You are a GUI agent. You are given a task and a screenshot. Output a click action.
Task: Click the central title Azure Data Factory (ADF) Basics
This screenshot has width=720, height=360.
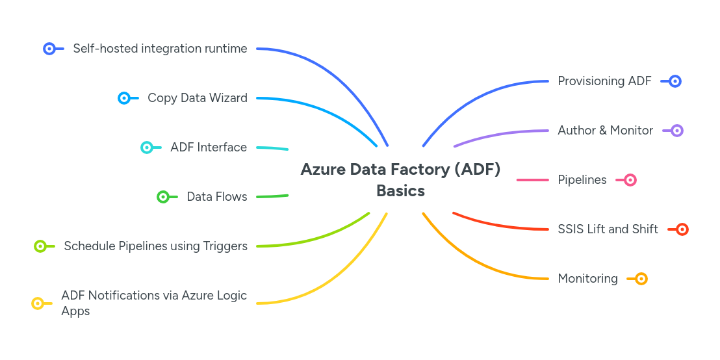tap(400, 180)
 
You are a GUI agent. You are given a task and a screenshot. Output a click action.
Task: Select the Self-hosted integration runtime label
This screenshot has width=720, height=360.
tap(160, 49)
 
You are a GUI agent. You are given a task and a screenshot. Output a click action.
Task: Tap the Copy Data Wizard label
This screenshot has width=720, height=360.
tap(197, 98)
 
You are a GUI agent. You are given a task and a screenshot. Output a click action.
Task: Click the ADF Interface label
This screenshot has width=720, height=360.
tap(209, 148)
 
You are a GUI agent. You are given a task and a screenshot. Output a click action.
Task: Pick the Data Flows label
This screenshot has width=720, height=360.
tap(216, 197)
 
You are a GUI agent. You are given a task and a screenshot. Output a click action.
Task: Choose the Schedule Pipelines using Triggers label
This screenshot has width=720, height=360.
tap(155, 246)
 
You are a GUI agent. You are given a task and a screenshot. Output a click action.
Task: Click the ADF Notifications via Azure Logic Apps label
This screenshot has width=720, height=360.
tap(154, 303)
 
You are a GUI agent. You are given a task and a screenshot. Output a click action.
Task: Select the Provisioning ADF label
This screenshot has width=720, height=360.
tap(604, 81)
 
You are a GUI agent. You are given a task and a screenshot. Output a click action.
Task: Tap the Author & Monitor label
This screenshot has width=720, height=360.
tap(605, 131)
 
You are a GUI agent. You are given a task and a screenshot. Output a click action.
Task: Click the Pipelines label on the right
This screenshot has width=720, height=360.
tap(582, 180)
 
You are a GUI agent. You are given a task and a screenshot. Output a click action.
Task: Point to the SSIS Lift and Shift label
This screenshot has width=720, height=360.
tap(608, 229)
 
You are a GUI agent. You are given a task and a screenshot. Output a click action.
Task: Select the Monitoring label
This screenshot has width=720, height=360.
tap(587, 279)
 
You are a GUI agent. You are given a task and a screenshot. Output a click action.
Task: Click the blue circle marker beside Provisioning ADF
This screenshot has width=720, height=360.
tap(675, 81)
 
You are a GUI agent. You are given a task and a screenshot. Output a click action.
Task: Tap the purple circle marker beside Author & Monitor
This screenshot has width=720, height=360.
tap(677, 131)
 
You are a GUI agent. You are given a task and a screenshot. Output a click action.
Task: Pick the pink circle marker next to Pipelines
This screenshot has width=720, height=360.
tap(630, 180)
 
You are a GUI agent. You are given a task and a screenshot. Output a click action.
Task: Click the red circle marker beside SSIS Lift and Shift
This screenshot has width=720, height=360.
tap(682, 229)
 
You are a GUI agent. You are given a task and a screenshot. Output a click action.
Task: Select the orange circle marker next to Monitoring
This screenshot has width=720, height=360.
tap(641, 279)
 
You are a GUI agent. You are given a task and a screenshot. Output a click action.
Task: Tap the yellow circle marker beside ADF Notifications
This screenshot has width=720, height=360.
tap(38, 303)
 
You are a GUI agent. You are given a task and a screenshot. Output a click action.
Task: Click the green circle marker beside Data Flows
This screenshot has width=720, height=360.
tap(163, 197)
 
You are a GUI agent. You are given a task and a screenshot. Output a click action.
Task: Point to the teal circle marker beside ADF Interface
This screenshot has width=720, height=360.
tap(147, 148)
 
